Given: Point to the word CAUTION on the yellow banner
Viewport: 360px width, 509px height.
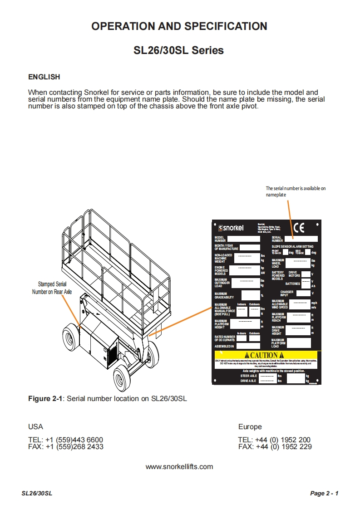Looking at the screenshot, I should click(264, 355).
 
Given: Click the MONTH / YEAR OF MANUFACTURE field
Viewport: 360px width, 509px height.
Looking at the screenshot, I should click(249, 247).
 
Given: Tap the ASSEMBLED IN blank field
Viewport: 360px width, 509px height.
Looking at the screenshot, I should click(245, 346).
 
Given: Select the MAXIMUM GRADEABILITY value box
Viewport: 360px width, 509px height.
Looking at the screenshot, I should click(245, 296).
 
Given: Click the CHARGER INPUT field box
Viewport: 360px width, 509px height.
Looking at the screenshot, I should click(303, 294).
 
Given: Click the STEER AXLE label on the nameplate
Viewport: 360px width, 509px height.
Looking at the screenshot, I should click(249, 376).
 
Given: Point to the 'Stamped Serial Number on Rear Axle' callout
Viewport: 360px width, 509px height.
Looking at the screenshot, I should click(52, 288).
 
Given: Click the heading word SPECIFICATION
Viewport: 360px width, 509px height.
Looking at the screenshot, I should click(220, 26).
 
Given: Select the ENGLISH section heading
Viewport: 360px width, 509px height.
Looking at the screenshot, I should click(44, 77).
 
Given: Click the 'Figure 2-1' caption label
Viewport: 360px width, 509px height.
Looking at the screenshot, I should click(45, 399).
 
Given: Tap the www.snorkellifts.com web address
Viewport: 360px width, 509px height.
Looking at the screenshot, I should click(179, 466).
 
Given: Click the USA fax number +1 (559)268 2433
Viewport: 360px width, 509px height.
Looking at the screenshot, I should click(66, 446).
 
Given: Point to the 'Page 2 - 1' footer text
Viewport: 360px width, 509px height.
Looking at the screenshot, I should click(324, 494).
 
